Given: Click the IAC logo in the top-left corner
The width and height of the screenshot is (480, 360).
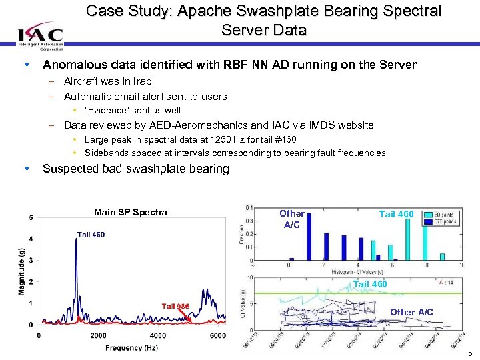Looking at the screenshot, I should (x=41, y=37).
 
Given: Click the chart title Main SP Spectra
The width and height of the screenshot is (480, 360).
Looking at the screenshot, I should (x=131, y=213).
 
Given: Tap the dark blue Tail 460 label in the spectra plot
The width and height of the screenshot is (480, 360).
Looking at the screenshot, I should (x=91, y=235).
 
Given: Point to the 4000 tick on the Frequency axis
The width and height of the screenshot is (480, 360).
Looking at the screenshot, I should (x=157, y=335).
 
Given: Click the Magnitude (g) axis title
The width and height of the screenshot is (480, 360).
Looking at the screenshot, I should (x=22, y=268).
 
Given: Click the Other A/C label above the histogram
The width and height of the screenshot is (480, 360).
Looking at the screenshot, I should (x=291, y=219).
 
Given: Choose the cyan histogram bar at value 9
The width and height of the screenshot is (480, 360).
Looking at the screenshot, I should (x=442, y=255).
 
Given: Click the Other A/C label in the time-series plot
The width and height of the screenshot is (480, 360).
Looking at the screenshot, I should (x=411, y=312).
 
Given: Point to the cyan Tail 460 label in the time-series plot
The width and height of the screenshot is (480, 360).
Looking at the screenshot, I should (x=370, y=285).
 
